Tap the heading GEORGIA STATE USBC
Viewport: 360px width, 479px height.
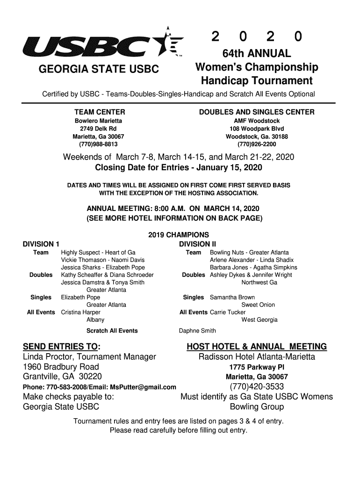tap(99, 70)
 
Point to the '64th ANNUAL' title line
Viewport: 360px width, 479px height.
tap(256, 54)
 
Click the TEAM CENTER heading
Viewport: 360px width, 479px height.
tap(100, 112)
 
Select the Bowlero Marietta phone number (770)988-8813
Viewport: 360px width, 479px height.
tap(99, 144)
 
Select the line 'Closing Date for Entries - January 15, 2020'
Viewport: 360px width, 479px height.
tap(179, 167)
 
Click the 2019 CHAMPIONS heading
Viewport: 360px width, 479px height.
tap(179, 235)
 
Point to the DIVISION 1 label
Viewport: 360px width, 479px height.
tap(41, 244)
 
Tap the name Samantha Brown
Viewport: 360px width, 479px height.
tap(232, 297)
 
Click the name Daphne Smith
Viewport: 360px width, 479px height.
tap(197, 331)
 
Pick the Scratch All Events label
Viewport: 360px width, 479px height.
tap(112, 331)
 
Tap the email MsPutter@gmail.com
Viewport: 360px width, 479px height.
tap(143, 387)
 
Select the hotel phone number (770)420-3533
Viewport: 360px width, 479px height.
tap(257, 386)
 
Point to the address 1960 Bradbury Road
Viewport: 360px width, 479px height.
tap(61, 367)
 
